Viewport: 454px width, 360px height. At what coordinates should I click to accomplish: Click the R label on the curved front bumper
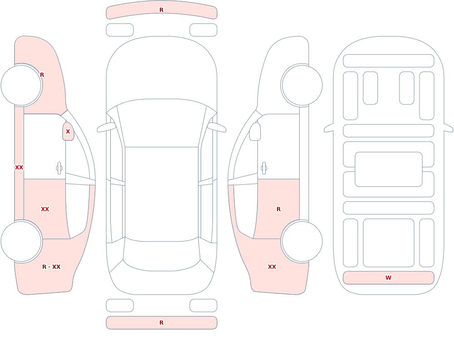click(161, 10)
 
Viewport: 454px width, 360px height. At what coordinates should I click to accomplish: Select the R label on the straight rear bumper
click(161, 323)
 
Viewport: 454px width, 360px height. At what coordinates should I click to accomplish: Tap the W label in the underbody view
click(388, 278)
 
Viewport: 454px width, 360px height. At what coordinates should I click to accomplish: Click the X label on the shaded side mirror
click(68, 132)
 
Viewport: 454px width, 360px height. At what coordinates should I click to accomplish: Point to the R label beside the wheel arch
click(42, 75)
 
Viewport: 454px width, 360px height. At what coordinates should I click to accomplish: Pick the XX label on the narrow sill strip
click(19, 168)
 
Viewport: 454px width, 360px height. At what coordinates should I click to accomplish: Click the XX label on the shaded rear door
click(45, 209)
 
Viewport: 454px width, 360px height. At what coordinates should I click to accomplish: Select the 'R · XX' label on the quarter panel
click(51, 267)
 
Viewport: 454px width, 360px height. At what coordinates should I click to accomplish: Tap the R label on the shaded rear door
click(278, 209)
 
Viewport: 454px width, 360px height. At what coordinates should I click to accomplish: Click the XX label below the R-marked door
click(272, 267)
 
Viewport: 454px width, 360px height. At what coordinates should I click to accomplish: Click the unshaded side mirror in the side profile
click(255, 132)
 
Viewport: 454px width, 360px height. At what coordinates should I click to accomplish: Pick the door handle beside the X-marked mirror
click(59, 168)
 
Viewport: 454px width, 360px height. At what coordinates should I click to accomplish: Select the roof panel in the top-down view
click(162, 194)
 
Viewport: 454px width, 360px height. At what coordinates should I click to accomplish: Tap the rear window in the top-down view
click(162, 255)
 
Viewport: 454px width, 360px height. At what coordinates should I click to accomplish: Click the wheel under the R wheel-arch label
click(21, 85)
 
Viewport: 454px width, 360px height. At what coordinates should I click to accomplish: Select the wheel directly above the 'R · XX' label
click(21, 241)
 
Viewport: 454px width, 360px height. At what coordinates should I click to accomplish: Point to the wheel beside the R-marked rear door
click(302, 241)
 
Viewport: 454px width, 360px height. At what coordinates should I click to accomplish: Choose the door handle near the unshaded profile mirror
click(264, 168)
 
